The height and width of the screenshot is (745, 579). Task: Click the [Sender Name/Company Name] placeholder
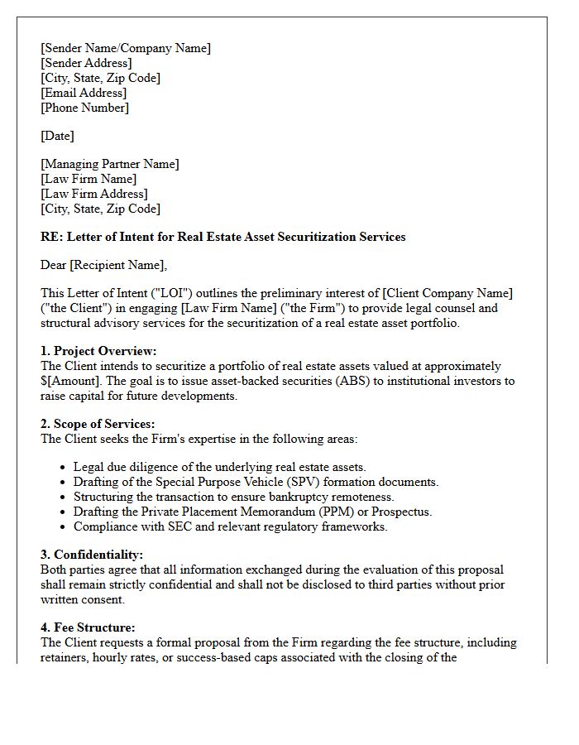coord(126,48)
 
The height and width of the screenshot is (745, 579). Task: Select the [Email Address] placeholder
coord(84,93)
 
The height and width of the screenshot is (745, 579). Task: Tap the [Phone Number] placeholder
coord(85,108)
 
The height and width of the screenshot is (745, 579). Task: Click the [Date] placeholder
coord(57,136)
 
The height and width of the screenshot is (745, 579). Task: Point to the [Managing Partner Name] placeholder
coord(110,164)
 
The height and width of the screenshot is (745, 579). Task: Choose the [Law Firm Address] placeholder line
coord(94,194)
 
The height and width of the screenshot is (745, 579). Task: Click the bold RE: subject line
coord(223,237)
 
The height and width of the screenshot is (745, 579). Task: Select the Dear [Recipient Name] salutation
coord(103,265)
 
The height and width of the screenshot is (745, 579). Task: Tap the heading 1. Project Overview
coord(98,351)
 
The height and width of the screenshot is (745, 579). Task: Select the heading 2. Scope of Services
coord(98,424)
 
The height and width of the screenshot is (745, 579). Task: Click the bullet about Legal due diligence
coord(219,467)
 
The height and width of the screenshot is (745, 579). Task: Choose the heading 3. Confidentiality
coord(92,555)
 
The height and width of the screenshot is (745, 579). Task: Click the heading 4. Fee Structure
coord(88,627)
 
